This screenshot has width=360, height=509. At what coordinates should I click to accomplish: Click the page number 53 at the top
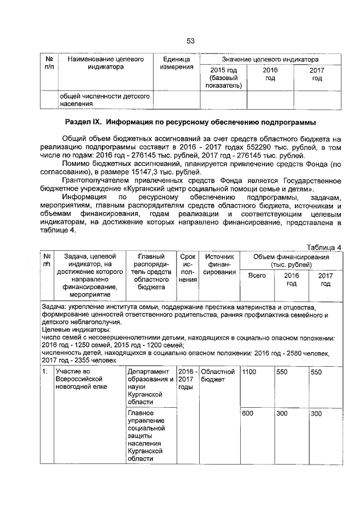click(190, 40)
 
